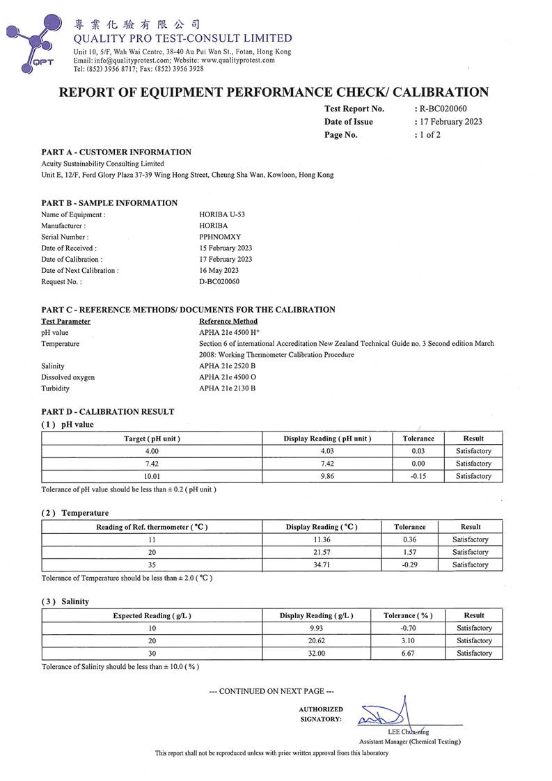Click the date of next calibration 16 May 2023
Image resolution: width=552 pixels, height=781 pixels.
tap(219, 270)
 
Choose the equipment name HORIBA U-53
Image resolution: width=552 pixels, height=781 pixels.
tap(222, 214)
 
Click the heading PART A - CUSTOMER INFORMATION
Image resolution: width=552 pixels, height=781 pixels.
tap(116, 152)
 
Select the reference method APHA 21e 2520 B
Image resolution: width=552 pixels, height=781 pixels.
tap(228, 365)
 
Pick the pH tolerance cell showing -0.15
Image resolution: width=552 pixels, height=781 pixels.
tap(418, 476)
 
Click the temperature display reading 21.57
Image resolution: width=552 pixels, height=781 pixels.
tap(322, 552)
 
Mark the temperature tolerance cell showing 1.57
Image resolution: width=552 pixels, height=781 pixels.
tap(409, 552)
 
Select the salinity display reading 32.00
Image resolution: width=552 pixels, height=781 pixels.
tap(316, 653)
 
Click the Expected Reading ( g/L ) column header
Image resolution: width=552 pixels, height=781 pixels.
tap(152, 615)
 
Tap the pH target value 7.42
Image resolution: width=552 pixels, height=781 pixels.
tap(152, 464)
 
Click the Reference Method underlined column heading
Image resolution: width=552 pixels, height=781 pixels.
tap(228, 322)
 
